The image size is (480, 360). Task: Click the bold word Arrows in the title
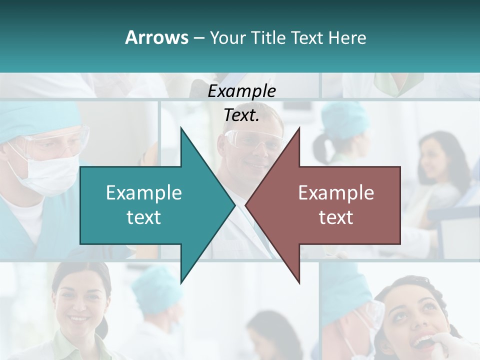point(156,37)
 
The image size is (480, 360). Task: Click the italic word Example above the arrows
point(241,91)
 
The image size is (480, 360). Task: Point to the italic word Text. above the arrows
point(241,115)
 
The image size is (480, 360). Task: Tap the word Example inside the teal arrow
point(143,192)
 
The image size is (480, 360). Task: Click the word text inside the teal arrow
point(143,217)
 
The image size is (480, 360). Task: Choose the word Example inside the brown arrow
point(336,192)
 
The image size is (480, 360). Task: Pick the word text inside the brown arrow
point(336,217)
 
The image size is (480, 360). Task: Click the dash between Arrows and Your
point(198,38)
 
